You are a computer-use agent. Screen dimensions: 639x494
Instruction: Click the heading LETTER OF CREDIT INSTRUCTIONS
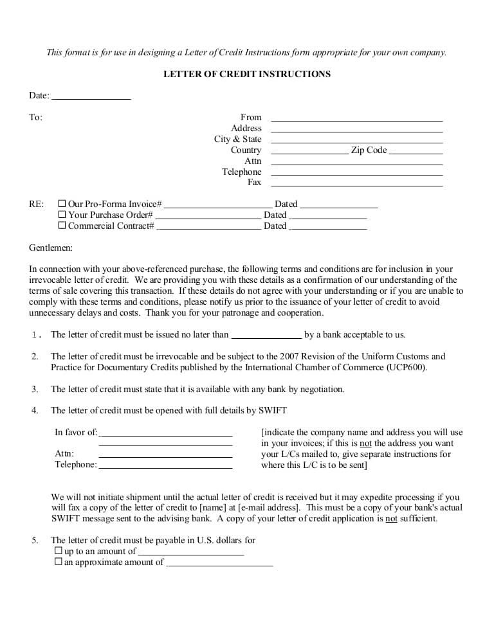[247, 74]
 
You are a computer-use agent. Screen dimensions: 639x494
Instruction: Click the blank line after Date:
[91, 96]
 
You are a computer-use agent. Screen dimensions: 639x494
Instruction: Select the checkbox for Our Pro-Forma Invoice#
[62, 204]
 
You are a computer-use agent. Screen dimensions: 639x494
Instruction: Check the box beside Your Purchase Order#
[62, 215]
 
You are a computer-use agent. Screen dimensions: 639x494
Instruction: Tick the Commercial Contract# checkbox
[62, 226]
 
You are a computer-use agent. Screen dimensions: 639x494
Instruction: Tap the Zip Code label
[369, 150]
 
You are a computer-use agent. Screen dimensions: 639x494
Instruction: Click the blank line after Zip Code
[416, 151]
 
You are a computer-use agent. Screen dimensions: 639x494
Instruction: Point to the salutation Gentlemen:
[51, 248]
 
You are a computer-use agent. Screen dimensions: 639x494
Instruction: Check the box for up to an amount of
[58, 551]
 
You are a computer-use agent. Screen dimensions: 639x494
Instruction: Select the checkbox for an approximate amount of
[58, 562]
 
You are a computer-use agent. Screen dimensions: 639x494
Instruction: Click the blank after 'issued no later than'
[266, 336]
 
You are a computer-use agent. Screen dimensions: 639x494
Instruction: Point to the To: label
[35, 118]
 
